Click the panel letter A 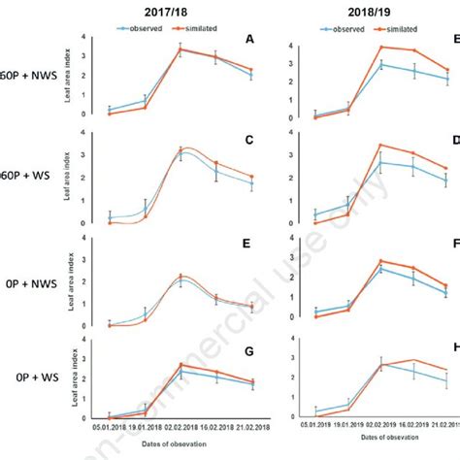[x=250, y=40]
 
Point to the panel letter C [x=250, y=140]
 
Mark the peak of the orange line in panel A [x=181, y=49]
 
